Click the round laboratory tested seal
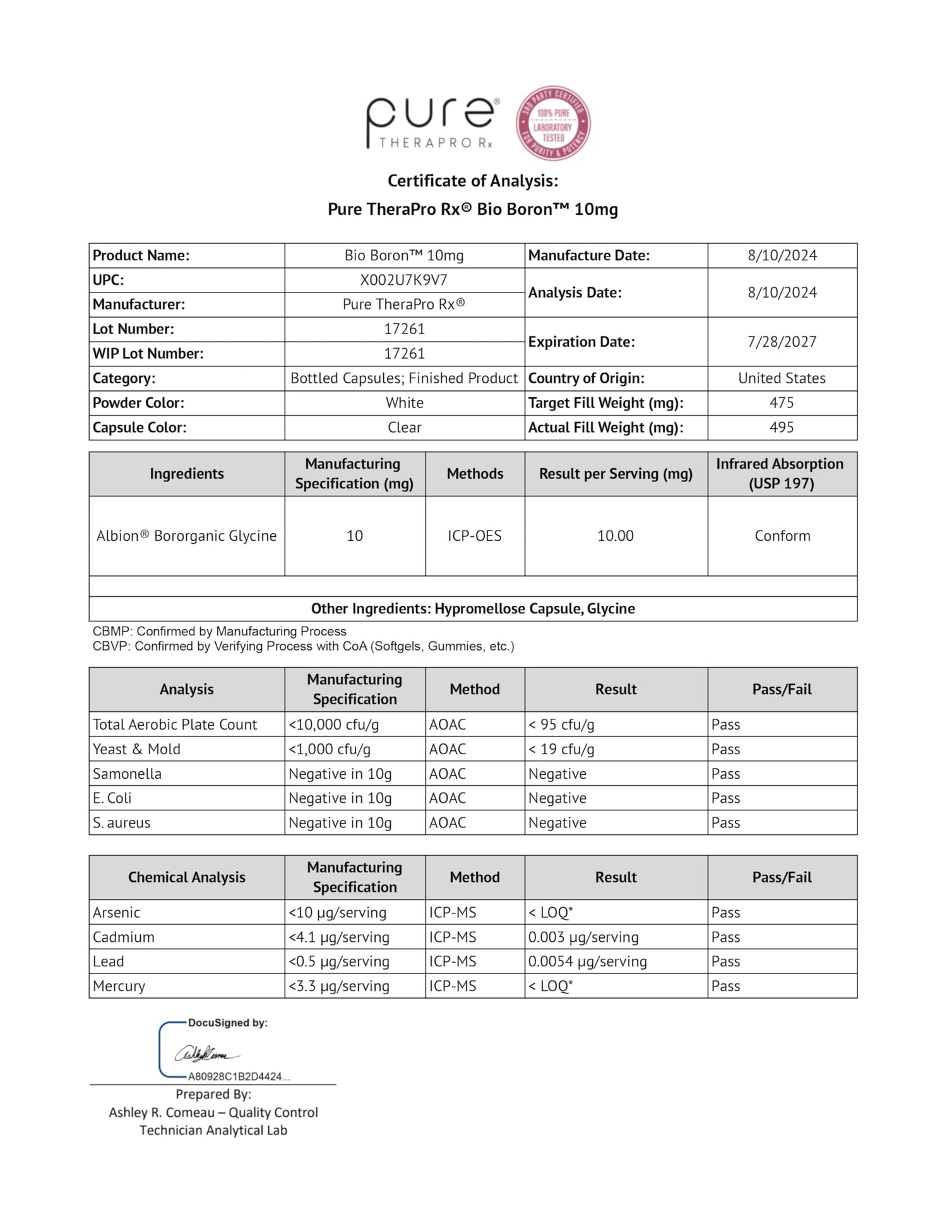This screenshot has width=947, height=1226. [x=553, y=123]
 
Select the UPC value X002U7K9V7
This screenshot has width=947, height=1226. [x=404, y=280]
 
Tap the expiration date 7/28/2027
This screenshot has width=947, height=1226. [x=782, y=342]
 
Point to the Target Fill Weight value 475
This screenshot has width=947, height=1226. [x=782, y=403]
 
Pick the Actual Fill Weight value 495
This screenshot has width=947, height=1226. [x=782, y=428]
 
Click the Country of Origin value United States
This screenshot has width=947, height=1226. [x=782, y=378]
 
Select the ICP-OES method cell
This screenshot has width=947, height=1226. [x=475, y=536]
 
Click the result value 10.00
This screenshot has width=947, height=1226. [x=616, y=536]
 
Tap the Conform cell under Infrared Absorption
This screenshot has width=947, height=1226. [x=782, y=536]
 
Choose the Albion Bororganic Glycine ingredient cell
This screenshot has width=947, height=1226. [x=186, y=536]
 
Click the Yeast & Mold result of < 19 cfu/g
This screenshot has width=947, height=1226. [x=561, y=749]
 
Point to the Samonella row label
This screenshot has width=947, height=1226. [x=127, y=774]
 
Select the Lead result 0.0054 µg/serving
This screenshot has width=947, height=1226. [x=587, y=961]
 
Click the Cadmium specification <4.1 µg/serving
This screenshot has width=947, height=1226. [x=339, y=937]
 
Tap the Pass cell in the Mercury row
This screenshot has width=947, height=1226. [x=725, y=986]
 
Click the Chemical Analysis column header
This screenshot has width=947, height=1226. [x=186, y=877]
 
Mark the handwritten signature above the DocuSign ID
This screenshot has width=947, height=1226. [x=206, y=1054]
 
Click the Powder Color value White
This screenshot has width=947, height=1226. [x=404, y=403]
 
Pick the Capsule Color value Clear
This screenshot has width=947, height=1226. [x=404, y=428]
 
